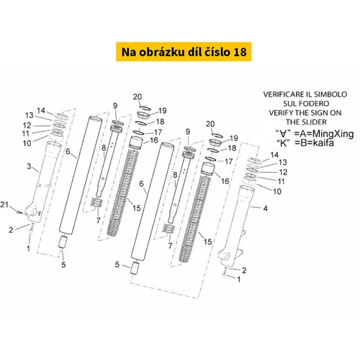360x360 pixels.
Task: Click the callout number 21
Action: pyautogui.click(x=4, y=204)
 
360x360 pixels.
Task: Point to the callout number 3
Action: pyautogui.click(x=29, y=166)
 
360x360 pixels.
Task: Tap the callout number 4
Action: pyautogui.click(x=265, y=208)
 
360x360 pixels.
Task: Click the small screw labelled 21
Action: pyautogui.click(x=18, y=212)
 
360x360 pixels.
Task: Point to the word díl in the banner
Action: pyautogui.click(x=194, y=52)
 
